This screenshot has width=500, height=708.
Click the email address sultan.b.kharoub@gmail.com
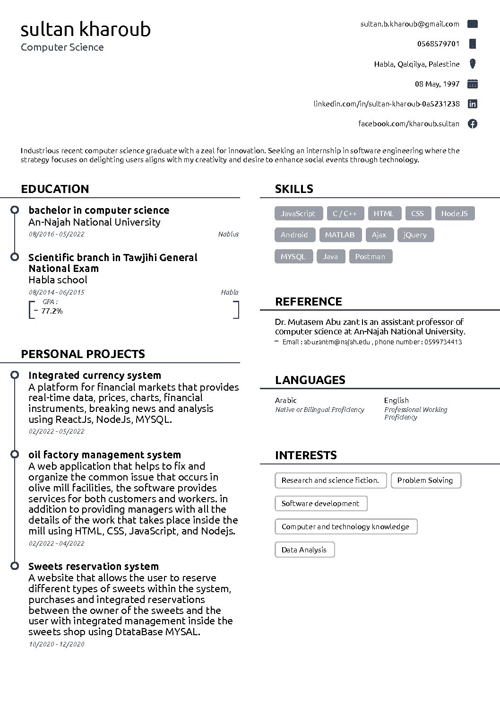tap(409, 24)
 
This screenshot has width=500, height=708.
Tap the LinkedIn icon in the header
tap(472, 104)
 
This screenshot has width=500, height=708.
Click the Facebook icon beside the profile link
tap(472, 124)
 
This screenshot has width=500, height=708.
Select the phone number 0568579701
tap(438, 44)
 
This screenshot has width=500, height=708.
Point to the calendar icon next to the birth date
tap(472, 84)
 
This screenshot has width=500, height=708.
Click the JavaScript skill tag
tap(298, 214)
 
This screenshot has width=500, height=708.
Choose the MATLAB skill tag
tap(340, 235)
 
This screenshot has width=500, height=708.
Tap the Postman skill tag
tap(370, 257)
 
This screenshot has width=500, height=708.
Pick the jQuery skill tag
tap(415, 235)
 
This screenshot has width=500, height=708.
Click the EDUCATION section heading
tap(55, 189)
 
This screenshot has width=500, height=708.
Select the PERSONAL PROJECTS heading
tap(83, 354)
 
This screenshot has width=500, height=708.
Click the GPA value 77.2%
tap(52, 311)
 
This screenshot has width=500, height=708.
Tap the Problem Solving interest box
tap(425, 481)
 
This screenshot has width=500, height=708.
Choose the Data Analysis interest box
tap(304, 550)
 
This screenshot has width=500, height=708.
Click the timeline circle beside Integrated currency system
tap(15, 375)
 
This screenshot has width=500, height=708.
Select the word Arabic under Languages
tap(286, 401)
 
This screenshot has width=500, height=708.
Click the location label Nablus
tap(228, 234)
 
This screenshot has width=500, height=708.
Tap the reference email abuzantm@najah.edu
tap(337, 342)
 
